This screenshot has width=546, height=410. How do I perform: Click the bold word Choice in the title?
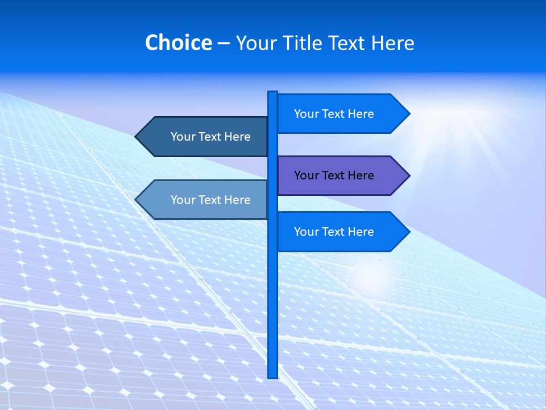point(178,43)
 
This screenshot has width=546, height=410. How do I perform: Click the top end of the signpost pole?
point(272,93)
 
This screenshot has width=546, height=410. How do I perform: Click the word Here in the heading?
point(392,43)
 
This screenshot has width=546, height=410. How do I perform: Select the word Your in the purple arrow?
point(306,175)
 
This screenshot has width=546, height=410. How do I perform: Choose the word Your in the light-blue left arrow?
point(183,200)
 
